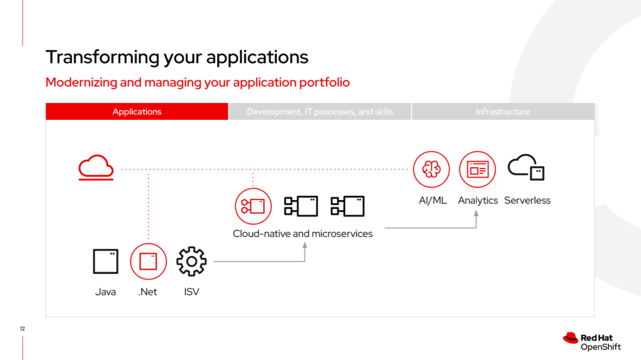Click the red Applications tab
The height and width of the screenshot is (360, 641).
(x=137, y=112)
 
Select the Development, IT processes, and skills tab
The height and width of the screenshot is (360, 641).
(x=319, y=112)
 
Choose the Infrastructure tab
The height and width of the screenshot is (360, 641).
(x=503, y=112)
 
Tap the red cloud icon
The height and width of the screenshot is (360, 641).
(x=96, y=167)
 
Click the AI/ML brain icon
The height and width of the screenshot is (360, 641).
(x=431, y=169)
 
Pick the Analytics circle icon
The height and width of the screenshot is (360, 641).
(x=477, y=169)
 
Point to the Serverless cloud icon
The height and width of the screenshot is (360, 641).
(x=526, y=167)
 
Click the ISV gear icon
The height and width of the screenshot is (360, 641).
(x=192, y=262)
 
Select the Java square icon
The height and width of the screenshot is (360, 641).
(x=105, y=261)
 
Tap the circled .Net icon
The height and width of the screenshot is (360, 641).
(x=148, y=262)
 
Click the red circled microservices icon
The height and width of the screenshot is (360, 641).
(x=253, y=206)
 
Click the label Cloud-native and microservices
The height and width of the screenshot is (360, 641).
(x=302, y=234)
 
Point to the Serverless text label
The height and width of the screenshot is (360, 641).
(x=528, y=200)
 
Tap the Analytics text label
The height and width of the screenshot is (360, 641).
(x=478, y=201)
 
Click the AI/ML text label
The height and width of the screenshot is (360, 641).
(x=432, y=200)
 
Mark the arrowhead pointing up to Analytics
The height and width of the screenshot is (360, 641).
(x=476, y=213)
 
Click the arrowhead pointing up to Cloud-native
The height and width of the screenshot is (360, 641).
(x=305, y=245)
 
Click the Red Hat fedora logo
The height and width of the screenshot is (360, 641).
(x=570, y=338)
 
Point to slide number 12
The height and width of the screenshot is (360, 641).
(x=22, y=328)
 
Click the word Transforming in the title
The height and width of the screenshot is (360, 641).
(x=102, y=57)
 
